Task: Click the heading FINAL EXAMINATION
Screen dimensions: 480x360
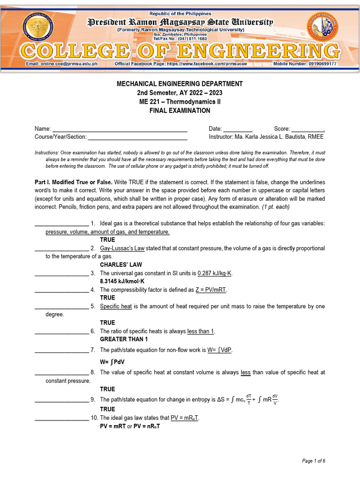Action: tap(180, 111)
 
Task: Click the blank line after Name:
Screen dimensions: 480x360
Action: tap(119, 129)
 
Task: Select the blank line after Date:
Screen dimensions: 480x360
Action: tap(238, 129)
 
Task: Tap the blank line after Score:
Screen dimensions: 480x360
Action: tap(308, 129)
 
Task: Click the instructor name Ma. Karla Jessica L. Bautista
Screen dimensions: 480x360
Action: tap(276, 137)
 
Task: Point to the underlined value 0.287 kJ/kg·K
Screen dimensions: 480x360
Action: tap(215, 273)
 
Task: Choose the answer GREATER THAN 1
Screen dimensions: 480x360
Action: tap(124, 339)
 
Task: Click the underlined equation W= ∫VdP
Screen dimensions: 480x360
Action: tap(220, 350)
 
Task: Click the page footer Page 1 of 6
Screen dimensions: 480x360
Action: tap(314, 461)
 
